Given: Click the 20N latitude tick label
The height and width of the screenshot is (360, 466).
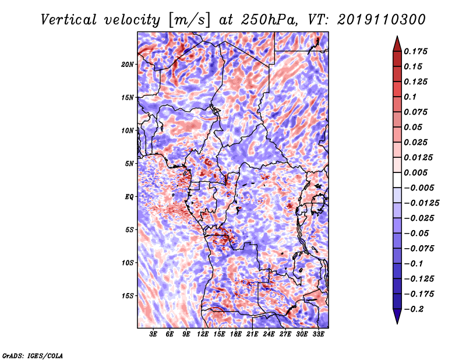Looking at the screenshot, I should pos(128,64).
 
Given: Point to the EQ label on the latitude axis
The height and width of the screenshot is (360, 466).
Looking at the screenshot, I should pos(129,197).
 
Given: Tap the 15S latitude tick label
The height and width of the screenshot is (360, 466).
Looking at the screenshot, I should pos(128,296).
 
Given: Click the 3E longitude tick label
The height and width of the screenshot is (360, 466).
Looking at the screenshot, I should pos(154,334).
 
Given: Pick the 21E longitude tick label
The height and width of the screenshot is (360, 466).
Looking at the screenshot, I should pos(252,334).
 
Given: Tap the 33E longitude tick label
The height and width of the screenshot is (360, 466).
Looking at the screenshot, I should pos(318,334).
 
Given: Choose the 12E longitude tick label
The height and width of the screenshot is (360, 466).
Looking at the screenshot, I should pos(203,334).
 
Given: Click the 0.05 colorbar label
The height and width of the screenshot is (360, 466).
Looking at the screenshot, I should pos(412,127).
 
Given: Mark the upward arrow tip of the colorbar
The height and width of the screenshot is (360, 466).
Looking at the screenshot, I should pos(396,38).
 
